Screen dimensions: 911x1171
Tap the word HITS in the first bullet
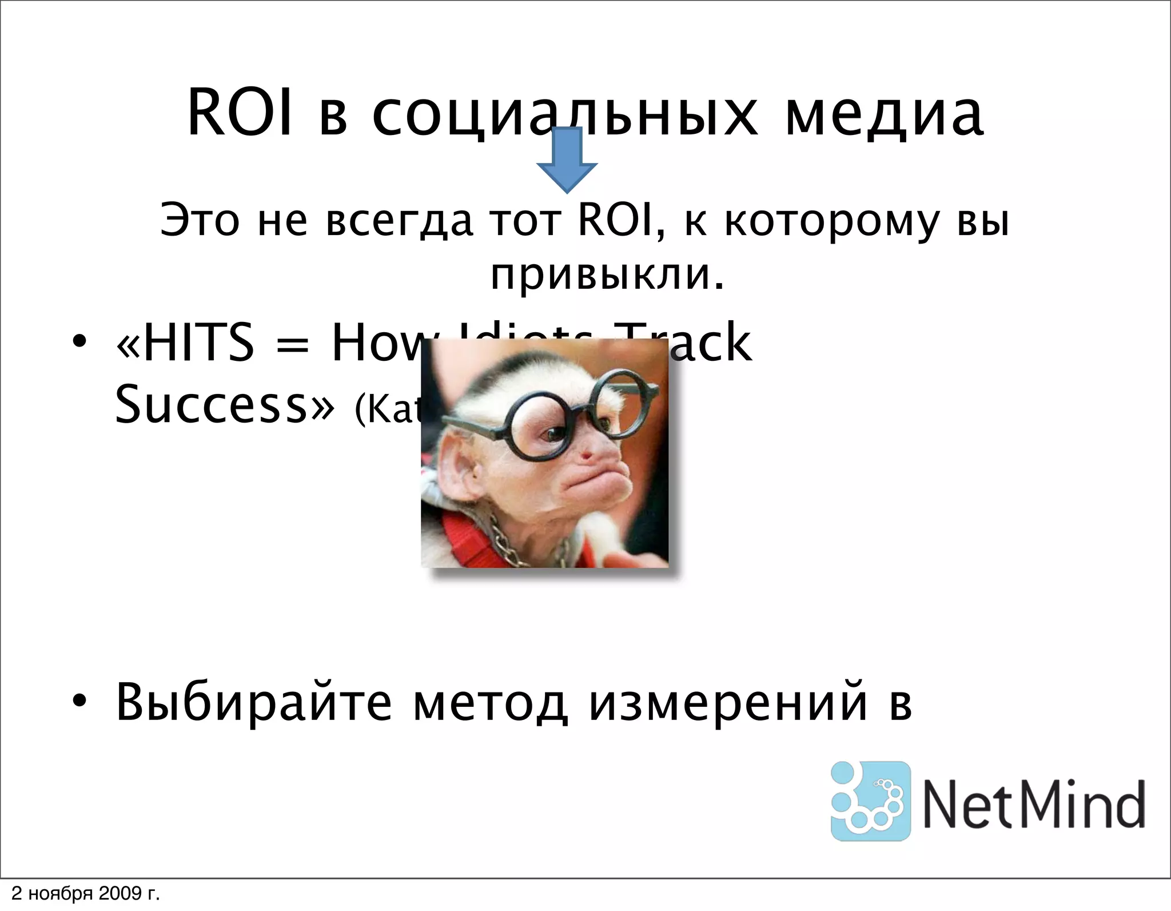point(198,343)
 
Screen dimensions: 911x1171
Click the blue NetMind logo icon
point(870,801)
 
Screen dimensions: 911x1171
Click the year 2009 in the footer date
point(120,894)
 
